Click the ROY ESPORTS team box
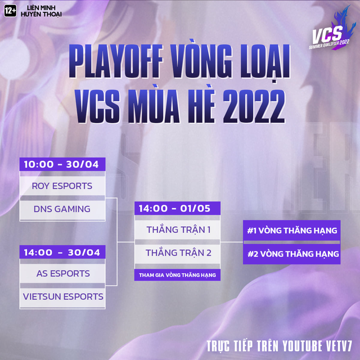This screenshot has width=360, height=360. click(62, 186)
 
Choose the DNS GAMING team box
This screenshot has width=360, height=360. click(62, 209)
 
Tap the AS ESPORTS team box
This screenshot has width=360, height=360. click(62, 273)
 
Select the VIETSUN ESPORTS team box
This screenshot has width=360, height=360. click(62, 296)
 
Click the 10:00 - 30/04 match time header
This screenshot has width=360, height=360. click(62, 165)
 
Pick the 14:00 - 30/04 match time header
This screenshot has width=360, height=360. click(62, 253)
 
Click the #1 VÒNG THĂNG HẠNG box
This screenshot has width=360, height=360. click(292, 230)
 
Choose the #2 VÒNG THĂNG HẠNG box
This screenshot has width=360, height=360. click(292, 254)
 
